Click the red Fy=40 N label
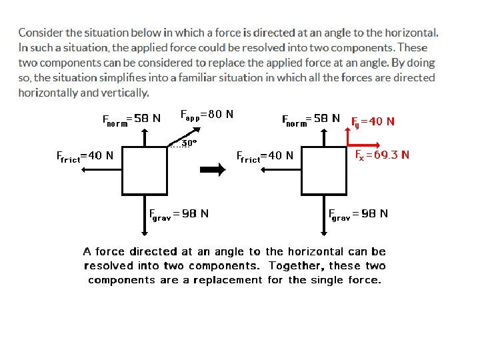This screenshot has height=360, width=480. pos(373,121)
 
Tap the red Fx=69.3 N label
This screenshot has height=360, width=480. pos(382,155)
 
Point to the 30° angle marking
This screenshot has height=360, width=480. pos(189,143)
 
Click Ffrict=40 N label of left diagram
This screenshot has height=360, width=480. pos(84,157)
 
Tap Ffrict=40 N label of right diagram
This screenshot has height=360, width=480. pos(265,156)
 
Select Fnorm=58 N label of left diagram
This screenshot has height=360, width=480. pos(131,119)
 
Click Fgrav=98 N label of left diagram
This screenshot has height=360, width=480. pos(178,214)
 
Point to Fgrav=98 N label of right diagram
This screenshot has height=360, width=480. pos(358,214)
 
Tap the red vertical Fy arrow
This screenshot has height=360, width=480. pos(347,133)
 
